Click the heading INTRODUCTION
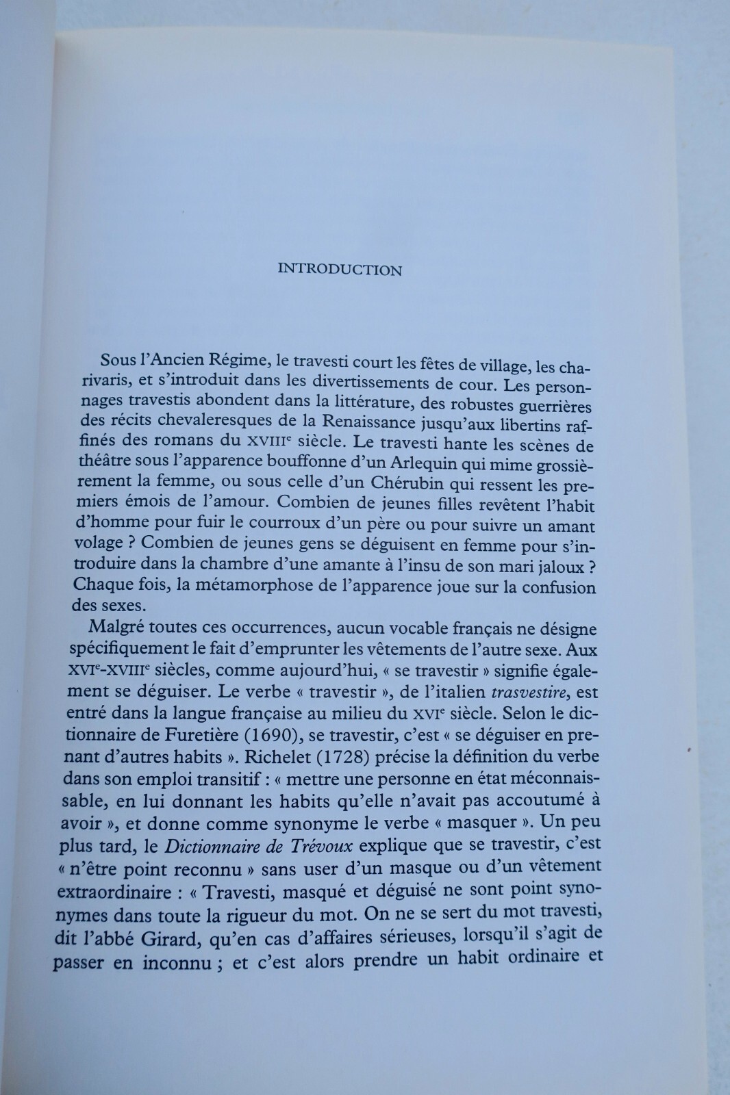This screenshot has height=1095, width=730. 340,270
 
